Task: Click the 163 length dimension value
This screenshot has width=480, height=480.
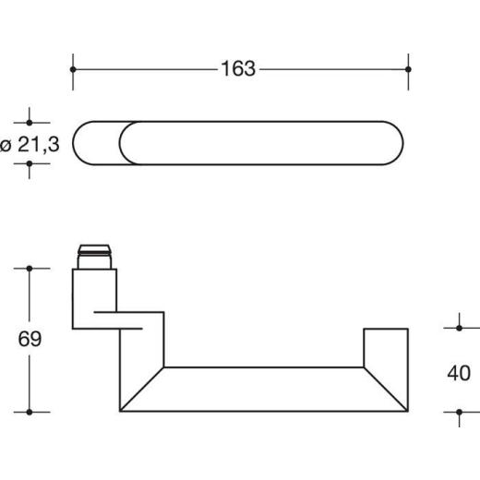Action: (x=238, y=68)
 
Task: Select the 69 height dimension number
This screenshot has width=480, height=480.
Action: (x=30, y=339)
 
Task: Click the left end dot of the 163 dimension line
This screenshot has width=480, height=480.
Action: (x=73, y=68)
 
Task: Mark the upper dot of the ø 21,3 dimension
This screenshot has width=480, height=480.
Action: (x=30, y=121)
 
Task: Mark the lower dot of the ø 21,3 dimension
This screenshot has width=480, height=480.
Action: (x=30, y=164)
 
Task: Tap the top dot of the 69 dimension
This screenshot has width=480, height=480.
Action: (x=30, y=269)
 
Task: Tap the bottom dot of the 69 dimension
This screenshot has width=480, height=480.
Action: (x=30, y=412)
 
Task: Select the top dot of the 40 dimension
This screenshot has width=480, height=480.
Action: (x=459, y=327)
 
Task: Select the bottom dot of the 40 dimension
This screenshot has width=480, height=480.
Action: (x=459, y=412)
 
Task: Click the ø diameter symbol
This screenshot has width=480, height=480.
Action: (x=7, y=144)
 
